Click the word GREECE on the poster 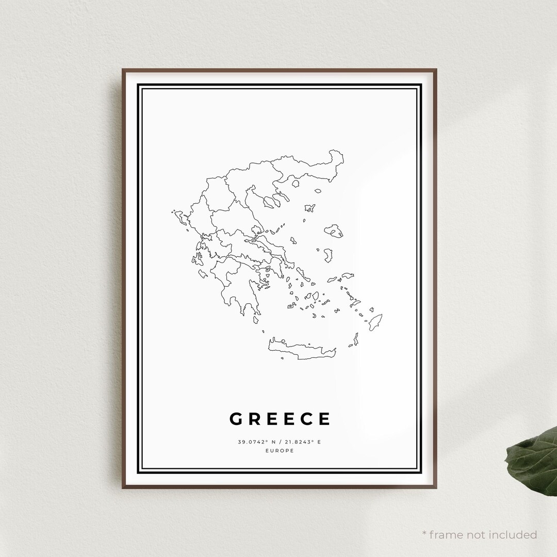(x=280, y=419)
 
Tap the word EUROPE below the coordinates (x=280, y=451)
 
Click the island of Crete (x=302, y=349)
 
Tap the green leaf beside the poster (x=531, y=454)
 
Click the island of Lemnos (x=310, y=208)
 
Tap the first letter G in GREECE (x=235, y=419)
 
